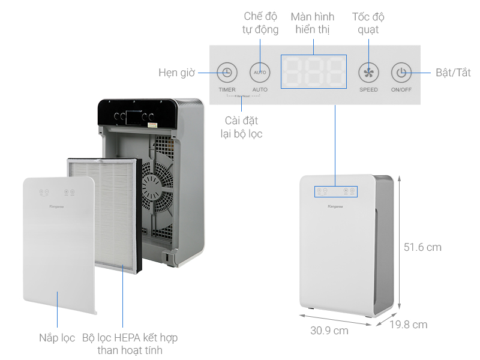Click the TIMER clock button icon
226,73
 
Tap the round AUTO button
260,73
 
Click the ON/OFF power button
401,73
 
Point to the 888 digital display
314,73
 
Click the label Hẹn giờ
176,73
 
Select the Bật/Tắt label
453,73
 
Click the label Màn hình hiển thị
313,23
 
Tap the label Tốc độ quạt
369,23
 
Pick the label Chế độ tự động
260,23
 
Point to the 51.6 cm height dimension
422,247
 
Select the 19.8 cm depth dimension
408,325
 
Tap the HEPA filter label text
130,344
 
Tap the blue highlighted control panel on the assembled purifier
336,191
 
